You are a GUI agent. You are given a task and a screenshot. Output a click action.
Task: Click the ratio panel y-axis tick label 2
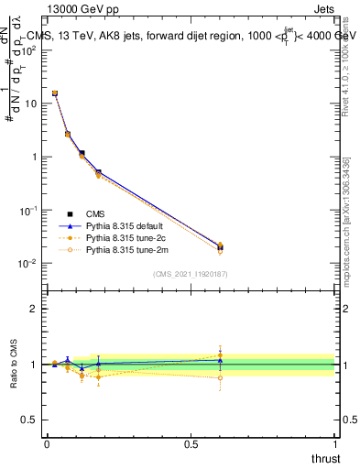tap(35, 309)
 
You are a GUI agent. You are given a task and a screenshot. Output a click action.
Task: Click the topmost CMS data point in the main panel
tap(55, 93)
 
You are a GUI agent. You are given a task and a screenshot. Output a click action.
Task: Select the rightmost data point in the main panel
tap(220, 247)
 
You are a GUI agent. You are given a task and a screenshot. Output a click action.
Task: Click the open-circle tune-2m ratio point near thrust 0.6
tap(220, 376)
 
